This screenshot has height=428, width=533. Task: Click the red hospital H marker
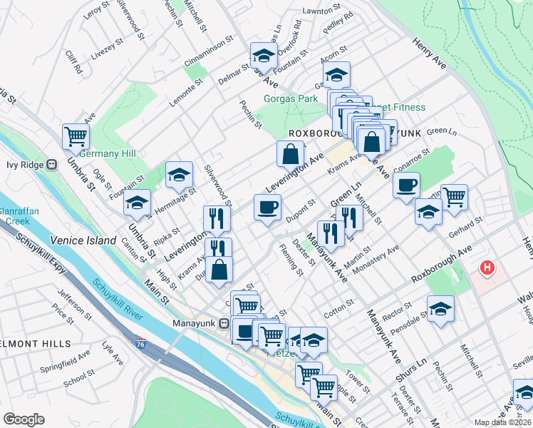[487, 268]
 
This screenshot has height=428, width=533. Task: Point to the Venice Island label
[83, 240]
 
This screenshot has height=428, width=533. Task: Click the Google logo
[24, 419]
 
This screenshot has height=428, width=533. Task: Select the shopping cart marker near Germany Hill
[76, 136]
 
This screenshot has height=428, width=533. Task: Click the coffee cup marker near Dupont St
[267, 208]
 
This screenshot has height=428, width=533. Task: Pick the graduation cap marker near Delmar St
[263, 55]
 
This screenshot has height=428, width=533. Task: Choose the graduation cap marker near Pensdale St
[440, 310]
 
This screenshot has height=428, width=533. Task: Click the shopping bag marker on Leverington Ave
[291, 153]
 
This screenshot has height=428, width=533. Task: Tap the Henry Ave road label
[429, 53]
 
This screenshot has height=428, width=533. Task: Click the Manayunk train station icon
[224, 323]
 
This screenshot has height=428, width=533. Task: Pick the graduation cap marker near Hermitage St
[180, 174]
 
